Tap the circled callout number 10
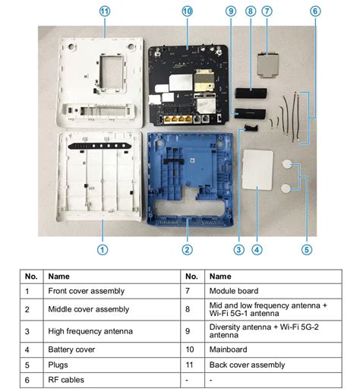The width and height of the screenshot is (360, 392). click(x=187, y=11)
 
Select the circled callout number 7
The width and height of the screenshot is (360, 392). click(x=267, y=11)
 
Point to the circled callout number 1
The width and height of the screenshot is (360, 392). click(x=103, y=248)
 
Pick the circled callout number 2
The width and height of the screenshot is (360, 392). click(x=187, y=248)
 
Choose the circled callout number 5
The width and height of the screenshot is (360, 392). click(x=307, y=248)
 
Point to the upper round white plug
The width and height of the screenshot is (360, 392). click(x=288, y=163)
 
